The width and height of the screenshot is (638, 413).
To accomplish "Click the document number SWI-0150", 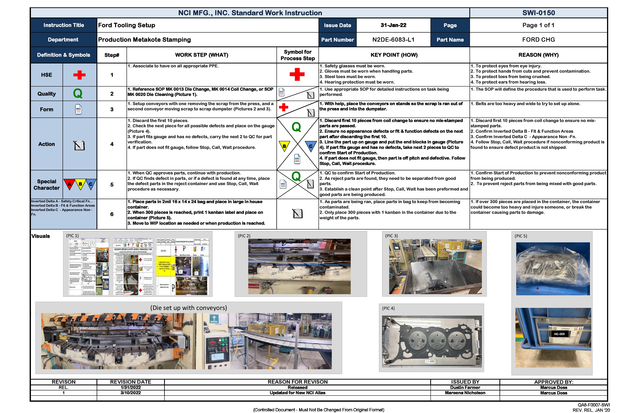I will click(538, 13).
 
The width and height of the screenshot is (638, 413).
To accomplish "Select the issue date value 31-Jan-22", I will click(393, 25).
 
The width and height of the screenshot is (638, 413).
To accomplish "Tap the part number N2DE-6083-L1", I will click(393, 40).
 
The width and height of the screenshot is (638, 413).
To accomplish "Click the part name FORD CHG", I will click(538, 40).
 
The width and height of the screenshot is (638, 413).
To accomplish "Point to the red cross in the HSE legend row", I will click(79, 75).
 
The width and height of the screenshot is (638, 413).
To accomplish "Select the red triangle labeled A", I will click(69, 184).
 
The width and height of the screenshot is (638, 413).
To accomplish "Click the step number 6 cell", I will click(112, 214).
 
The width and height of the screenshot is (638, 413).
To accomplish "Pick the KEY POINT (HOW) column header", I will click(394, 55).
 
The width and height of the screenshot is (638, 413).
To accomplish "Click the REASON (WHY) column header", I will click(538, 55).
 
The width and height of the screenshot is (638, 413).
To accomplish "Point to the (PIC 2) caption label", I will click(244, 236).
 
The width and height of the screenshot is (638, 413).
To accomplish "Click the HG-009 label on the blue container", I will click(559, 334).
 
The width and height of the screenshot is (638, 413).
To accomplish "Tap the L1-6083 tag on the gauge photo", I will click(430, 361).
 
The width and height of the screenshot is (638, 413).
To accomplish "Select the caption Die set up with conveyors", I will click(188, 308).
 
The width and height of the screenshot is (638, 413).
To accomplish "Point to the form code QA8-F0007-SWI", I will click(594, 405).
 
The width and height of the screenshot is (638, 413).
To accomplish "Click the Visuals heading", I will click(41, 236).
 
